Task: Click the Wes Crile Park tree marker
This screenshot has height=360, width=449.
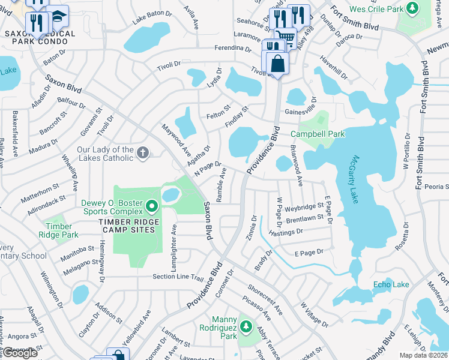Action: pyautogui.click(x=412, y=8)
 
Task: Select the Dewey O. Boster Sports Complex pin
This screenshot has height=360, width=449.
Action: pyautogui.click(x=152, y=207)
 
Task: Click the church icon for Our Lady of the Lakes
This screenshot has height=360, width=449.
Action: pyautogui.click(x=143, y=152)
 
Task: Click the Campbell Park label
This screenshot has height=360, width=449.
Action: pyautogui.click(x=318, y=134)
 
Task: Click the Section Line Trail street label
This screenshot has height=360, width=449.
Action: pyautogui.click(x=178, y=277)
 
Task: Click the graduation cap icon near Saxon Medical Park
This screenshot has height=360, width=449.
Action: pyautogui.click(x=58, y=17)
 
